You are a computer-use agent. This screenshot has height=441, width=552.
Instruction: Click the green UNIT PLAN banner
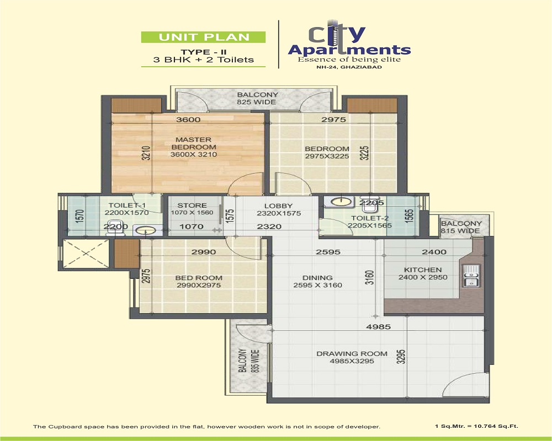click(x=203, y=37)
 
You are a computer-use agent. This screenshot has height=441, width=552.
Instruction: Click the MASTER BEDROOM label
click(x=193, y=143)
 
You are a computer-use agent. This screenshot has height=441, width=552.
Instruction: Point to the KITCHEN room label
click(x=423, y=270)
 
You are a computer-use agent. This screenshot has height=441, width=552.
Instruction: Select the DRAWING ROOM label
click(x=352, y=354)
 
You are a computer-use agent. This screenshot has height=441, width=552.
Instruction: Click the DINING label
click(x=317, y=277)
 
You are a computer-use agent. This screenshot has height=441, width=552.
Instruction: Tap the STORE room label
click(x=192, y=206)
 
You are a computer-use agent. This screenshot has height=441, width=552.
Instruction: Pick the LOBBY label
click(x=278, y=206)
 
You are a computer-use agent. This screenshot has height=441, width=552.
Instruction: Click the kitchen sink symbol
click(x=471, y=276)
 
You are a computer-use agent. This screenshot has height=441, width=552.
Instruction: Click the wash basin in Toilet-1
click(x=145, y=231)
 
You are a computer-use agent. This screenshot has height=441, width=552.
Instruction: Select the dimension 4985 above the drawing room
click(x=379, y=327)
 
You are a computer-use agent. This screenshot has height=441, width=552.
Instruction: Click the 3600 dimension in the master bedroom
click(x=188, y=120)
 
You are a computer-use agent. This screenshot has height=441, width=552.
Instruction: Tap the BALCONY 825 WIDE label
click(x=257, y=99)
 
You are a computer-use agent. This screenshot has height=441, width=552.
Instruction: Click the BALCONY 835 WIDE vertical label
click(x=248, y=361)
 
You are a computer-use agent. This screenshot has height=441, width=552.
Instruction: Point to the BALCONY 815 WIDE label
click(x=461, y=227)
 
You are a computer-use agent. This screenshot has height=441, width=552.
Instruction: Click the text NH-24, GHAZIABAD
click(x=349, y=67)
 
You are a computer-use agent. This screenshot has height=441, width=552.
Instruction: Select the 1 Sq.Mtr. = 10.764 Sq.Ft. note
click(x=477, y=426)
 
